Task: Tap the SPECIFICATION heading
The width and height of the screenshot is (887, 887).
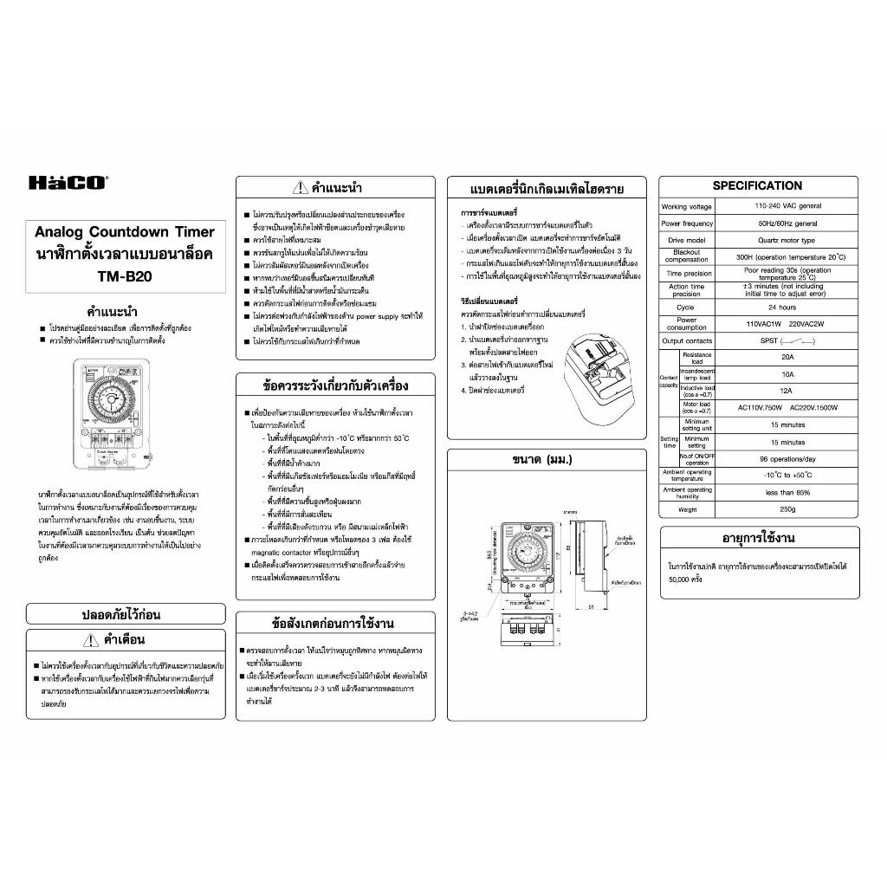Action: tap(757, 185)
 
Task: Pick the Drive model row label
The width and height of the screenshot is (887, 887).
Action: tap(686, 240)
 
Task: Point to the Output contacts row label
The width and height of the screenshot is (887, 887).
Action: tap(686, 341)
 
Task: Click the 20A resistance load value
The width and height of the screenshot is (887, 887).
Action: tap(786, 357)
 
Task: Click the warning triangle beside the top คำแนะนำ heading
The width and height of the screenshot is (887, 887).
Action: tap(300, 187)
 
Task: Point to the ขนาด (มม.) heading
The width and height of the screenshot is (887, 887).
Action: tap(542, 459)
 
